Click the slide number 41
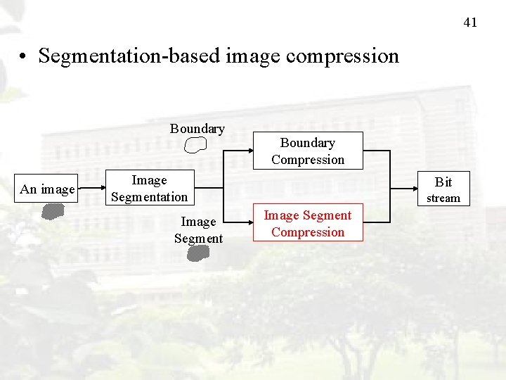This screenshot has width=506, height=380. pos(470,23)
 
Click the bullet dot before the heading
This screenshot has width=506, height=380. pos(25,56)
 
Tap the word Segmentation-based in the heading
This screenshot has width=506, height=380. pos(130,56)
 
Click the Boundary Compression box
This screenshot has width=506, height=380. pos(308,151)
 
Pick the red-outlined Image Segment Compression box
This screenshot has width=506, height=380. pos(308,223)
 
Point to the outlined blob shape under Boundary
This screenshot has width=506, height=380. pos(196,145)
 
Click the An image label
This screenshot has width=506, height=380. pos(47,189)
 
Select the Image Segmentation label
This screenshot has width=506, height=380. pos(149,189)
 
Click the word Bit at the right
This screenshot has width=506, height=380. pos(443,182)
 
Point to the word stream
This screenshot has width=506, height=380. pos(443,198)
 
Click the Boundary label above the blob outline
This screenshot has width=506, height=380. pos(197,128)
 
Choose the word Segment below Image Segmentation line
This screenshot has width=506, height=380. pos(198,239)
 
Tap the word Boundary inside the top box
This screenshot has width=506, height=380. pos(308,143)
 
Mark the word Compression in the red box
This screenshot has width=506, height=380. pos(308,232)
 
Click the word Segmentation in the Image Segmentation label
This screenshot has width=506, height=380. pos(149,197)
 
